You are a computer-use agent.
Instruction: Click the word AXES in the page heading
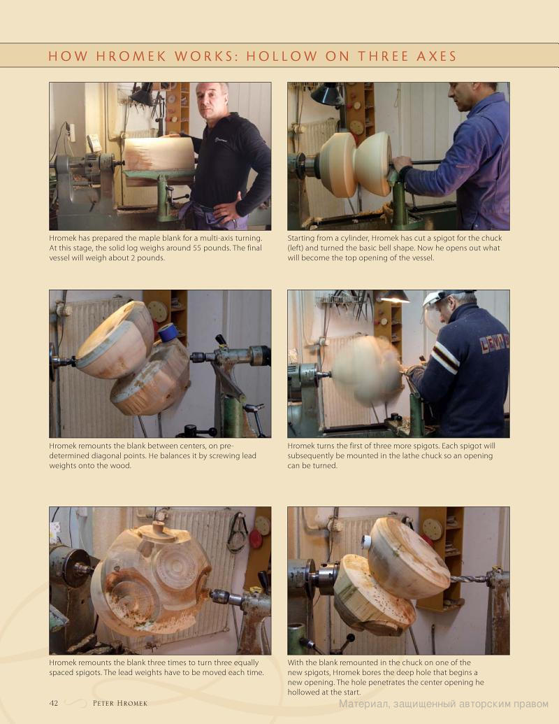click(436, 57)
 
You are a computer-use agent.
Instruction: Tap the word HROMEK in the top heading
click(131, 57)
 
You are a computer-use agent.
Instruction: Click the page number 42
click(54, 703)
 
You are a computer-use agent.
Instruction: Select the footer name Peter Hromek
click(120, 703)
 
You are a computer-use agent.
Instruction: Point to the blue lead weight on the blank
click(168, 332)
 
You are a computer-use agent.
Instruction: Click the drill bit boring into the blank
click(470, 579)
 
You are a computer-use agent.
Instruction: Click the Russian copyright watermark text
click(444, 704)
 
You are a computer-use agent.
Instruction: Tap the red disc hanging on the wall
click(255, 539)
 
